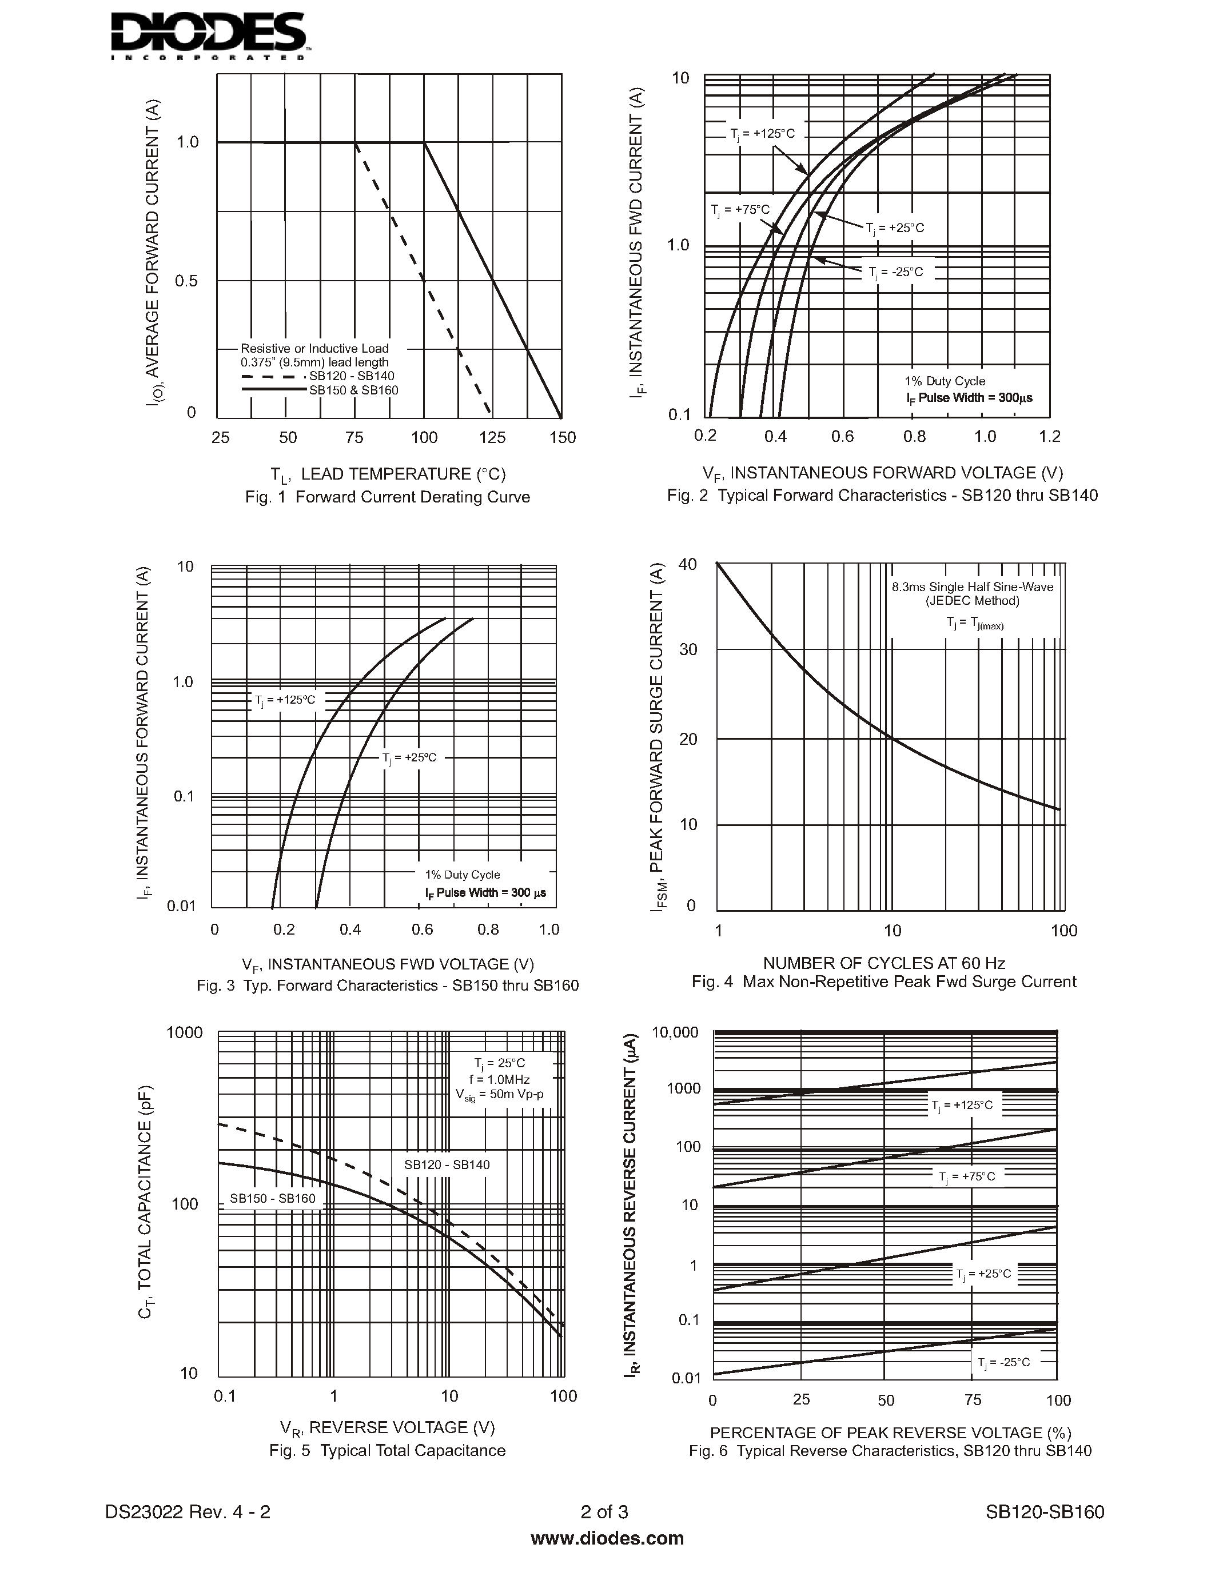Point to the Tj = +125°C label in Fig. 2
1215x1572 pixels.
pyautogui.click(x=762, y=134)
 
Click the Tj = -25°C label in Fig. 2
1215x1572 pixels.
pyautogui.click(x=895, y=272)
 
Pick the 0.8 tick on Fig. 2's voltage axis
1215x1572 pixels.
pyautogui.click(x=914, y=436)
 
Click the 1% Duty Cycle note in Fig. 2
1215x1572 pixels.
pyautogui.click(x=945, y=381)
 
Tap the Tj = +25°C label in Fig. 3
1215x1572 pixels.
pyautogui.click(x=409, y=758)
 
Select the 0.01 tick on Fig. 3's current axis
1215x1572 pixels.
pyautogui.click(x=181, y=906)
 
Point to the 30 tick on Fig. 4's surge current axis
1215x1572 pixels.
pyautogui.click(x=688, y=650)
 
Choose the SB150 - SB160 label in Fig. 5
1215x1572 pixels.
pyautogui.click(x=272, y=1198)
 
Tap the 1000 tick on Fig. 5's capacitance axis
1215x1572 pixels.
pyautogui.click(x=185, y=1033)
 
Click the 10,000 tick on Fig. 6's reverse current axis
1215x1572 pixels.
pyautogui.click(x=675, y=1033)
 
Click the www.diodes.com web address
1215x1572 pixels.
pyautogui.click(x=607, y=1538)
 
